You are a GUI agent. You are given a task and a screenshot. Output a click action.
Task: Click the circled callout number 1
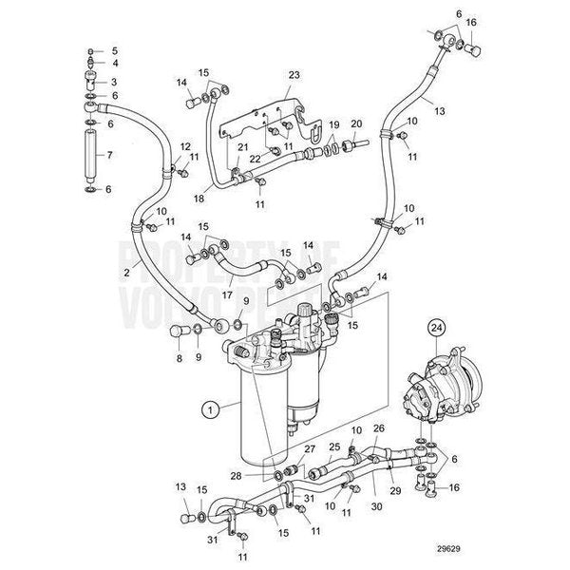(x=205, y=410)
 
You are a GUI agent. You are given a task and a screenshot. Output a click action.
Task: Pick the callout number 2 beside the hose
(x=127, y=273)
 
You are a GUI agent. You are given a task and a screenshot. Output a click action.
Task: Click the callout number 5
(x=114, y=50)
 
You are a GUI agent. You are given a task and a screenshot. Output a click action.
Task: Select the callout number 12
(x=185, y=144)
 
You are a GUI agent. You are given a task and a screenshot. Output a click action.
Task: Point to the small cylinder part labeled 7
(x=92, y=153)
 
